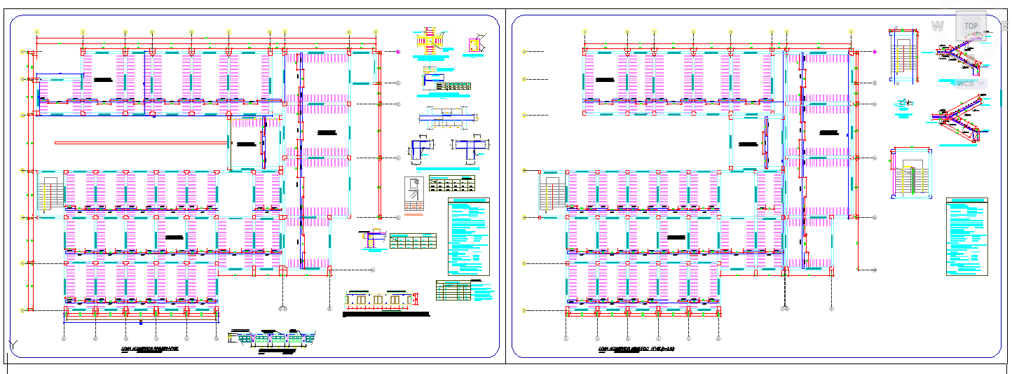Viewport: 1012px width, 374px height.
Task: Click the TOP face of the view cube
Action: click(971, 26)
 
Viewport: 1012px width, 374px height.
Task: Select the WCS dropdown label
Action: click(966, 83)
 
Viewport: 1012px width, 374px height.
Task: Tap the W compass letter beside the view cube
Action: click(937, 27)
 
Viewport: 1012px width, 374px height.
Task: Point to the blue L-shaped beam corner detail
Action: click(421, 151)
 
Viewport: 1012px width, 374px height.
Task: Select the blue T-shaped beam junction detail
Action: click(466, 149)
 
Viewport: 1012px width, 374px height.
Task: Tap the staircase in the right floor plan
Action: click(551, 193)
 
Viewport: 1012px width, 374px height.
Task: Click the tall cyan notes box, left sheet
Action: click(468, 237)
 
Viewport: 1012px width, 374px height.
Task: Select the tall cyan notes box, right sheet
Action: click(966, 237)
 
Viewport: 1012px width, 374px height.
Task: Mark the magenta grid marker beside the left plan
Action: click(397, 52)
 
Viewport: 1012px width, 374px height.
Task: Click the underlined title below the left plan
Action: click(150, 347)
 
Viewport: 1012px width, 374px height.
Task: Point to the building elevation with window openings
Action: click(379, 300)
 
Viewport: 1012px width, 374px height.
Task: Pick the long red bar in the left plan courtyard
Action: click(141, 142)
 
